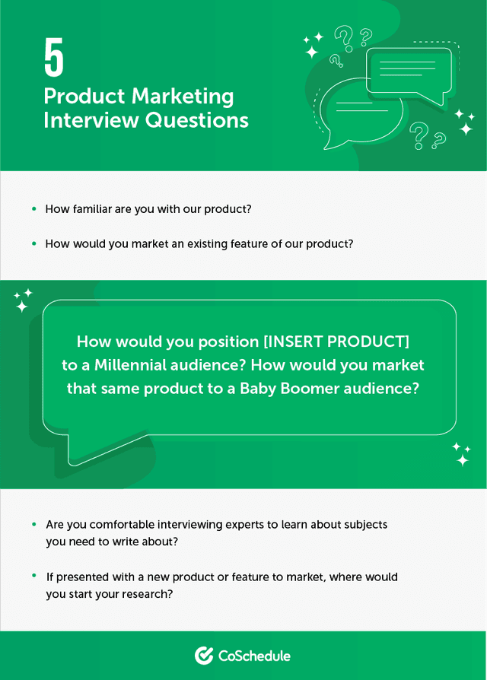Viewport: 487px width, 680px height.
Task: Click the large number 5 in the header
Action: (54, 59)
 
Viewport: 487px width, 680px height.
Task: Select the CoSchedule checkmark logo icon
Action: (203, 655)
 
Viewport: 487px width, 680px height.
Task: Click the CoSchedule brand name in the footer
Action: (254, 655)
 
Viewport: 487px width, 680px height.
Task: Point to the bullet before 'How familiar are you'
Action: (33, 208)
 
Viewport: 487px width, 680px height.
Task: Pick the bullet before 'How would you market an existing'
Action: (33, 243)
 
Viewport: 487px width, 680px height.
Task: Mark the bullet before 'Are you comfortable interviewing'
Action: (33, 524)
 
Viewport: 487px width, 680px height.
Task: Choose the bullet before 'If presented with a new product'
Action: (33, 576)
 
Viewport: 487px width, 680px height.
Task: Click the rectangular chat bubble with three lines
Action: (409, 72)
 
